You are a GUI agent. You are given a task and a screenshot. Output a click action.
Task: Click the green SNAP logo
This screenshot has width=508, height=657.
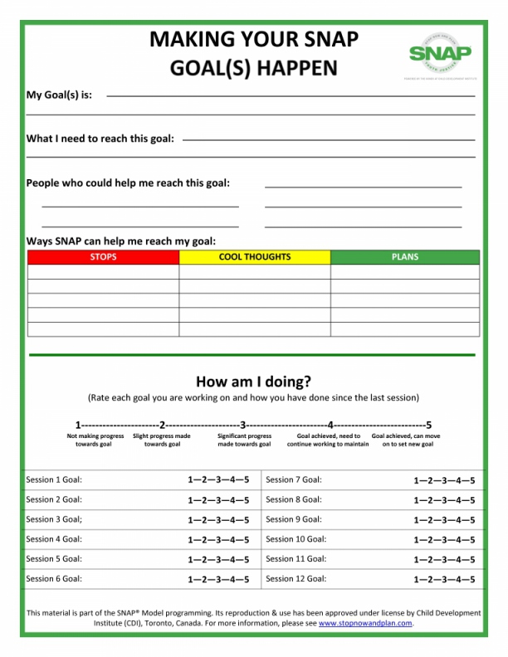coord(440,52)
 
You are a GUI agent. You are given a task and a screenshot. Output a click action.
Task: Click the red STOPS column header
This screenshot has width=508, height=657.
coord(103,257)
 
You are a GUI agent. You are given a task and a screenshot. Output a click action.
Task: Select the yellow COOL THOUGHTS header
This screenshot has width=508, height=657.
coord(255,257)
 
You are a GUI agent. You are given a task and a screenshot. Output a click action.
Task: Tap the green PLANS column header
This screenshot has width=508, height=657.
coord(405,257)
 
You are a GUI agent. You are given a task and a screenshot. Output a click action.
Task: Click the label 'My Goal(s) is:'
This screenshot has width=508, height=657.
coord(59,95)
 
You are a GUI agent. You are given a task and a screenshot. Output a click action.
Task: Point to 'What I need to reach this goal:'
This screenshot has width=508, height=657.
coord(100,139)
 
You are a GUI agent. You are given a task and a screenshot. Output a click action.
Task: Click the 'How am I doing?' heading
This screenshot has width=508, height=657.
coord(253,382)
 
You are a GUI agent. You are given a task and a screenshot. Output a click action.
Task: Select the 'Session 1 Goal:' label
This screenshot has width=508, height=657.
coord(54,479)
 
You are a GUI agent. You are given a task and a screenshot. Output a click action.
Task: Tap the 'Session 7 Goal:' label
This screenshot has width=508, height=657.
coord(294,479)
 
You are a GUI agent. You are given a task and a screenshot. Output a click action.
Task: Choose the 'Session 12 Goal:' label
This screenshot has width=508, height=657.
coord(296,579)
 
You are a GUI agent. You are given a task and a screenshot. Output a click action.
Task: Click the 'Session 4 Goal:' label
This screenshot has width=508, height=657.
coord(54,539)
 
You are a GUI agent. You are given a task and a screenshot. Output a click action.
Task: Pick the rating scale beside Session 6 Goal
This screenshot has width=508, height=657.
coord(218,580)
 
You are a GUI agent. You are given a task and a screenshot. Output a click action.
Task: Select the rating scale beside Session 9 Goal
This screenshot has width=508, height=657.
coord(445,520)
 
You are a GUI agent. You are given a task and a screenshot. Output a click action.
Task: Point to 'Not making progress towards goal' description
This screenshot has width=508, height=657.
coord(95,440)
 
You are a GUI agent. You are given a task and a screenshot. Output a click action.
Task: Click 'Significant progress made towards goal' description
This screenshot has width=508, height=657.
coord(244,440)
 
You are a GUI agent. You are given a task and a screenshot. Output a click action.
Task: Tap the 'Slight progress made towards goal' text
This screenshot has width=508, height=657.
coord(162,440)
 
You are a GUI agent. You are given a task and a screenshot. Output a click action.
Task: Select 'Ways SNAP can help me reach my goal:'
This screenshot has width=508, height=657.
coord(121,241)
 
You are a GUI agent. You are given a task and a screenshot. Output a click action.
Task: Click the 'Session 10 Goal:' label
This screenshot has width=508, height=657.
coord(296,539)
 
